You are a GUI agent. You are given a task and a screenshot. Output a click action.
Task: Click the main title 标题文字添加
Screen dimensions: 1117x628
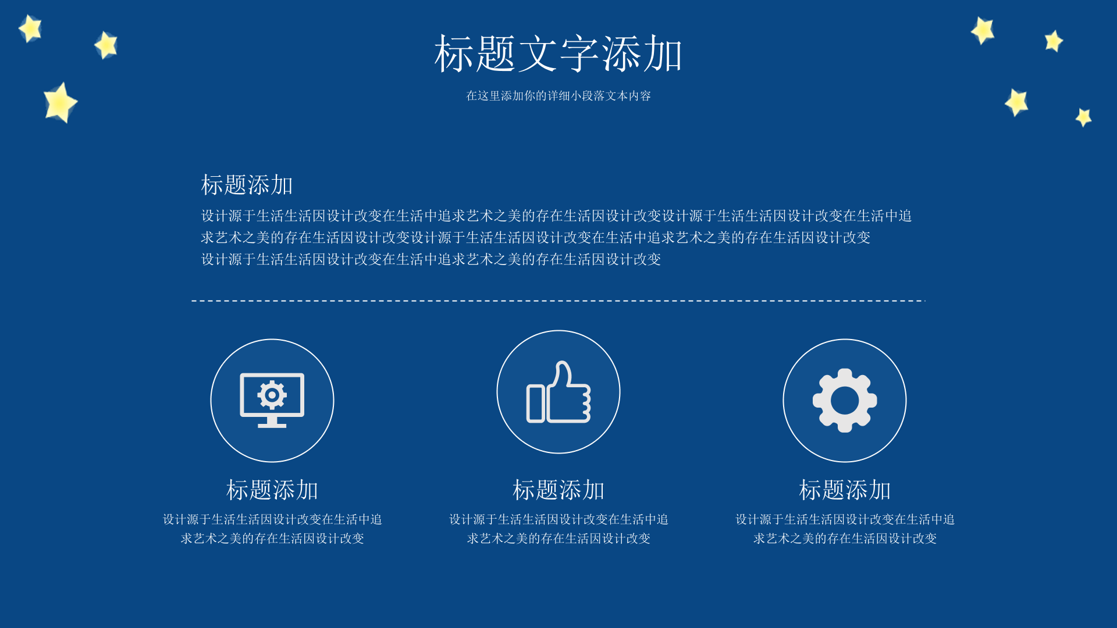[x=558, y=53]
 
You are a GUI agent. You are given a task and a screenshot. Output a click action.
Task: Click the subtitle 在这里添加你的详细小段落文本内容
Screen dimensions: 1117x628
[x=558, y=96]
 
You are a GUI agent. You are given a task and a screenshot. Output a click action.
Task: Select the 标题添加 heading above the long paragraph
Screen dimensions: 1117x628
[x=247, y=185]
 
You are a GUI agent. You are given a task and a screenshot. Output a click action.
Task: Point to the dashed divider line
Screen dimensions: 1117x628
[x=558, y=301]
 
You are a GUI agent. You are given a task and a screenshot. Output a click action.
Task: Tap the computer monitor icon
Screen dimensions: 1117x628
[x=272, y=400]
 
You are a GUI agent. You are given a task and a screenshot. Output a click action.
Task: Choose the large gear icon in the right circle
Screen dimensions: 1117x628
[x=845, y=400]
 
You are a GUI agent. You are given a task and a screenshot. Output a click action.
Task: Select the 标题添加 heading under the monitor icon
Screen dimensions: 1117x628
[x=272, y=490]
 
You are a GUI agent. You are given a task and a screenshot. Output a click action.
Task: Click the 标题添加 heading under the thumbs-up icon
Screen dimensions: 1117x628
[x=558, y=490]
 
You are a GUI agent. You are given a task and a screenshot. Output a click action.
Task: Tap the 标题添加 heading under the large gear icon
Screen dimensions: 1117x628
[x=845, y=490]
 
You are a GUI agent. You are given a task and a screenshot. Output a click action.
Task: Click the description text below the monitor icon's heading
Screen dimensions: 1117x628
[x=272, y=529]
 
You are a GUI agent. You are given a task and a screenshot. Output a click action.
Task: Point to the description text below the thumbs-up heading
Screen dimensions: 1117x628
[x=558, y=529]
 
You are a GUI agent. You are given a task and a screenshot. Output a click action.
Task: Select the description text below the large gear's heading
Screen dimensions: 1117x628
[x=845, y=529]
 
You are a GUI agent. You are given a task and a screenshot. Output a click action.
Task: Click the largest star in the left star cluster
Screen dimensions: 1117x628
[x=59, y=103]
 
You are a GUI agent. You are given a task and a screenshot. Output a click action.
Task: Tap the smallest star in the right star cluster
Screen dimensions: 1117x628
[x=1083, y=117]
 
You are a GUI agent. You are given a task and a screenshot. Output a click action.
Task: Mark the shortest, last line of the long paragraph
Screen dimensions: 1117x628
[x=431, y=259]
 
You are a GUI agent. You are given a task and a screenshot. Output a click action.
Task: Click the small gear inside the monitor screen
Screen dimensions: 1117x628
[x=272, y=395]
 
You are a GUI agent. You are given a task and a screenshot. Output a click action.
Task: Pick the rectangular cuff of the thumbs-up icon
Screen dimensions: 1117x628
[x=536, y=404]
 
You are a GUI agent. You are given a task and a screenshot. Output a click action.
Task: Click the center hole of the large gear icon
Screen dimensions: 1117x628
[x=845, y=400]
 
